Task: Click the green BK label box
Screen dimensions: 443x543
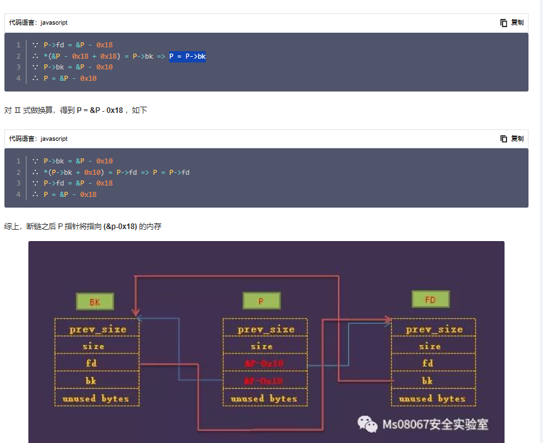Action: pos(95,302)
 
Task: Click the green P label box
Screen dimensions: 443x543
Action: pos(260,301)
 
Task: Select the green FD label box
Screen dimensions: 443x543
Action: pos(430,299)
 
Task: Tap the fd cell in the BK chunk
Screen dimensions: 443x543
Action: pos(97,363)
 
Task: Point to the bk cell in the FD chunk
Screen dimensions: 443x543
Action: pos(428,381)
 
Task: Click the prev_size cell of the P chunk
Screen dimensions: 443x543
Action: pos(265,329)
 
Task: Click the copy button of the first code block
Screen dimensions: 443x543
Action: pos(511,23)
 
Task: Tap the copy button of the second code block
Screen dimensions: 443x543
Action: pos(511,138)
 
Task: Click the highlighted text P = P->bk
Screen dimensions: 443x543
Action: pos(187,57)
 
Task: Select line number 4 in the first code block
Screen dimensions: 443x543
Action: pos(18,78)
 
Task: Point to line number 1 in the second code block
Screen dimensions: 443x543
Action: pos(18,161)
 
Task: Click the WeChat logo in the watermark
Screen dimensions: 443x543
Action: pos(368,423)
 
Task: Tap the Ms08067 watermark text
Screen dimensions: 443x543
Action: pos(435,424)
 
